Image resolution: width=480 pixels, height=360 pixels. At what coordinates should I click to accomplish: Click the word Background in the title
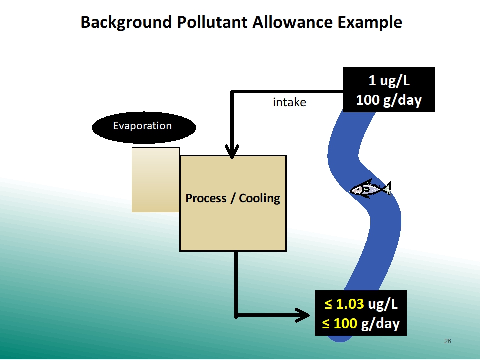pyautogui.click(x=126, y=23)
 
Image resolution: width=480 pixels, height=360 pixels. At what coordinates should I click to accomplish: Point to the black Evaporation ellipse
pyautogui.click(x=144, y=127)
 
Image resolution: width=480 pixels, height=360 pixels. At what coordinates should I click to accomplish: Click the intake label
pyautogui.click(x=289, y=102)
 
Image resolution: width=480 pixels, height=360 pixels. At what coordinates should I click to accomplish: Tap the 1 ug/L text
pyautogui.click(x=389, y=81)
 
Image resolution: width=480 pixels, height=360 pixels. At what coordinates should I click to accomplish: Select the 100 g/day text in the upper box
pyautogui.click(x=389, y=100)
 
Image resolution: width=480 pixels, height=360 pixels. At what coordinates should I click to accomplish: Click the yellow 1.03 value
pyautogui.click(x=350, y=304)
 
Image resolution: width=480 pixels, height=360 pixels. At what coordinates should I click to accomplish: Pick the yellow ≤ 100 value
pyautogui.click(x=340, y=323)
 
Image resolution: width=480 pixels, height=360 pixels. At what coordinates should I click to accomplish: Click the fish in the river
pyautogui.click(x=370, y=189)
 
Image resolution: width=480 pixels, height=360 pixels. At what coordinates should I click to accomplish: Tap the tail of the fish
pyautogui.click(x=387, y=189)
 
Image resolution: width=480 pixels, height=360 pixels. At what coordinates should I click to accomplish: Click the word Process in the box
pyautogui.click(x=206, y=198)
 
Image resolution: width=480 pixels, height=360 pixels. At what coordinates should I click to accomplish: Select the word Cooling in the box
pyautogui.click(x=259, y=198)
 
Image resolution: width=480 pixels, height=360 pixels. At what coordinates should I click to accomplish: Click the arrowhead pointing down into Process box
pyautogui.click(x=232, y=151)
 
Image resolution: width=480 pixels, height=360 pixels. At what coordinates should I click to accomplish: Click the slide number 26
pyautogui.click(x=448, y=341)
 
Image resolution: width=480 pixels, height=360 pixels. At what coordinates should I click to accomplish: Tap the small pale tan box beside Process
pyautogui.click(x=156, y=180)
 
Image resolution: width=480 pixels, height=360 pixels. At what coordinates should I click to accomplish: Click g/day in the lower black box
pyautogui.click(x=381, y=324)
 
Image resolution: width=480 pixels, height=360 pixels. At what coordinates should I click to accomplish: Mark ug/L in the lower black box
pyautogui.click(x=383, y=304)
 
